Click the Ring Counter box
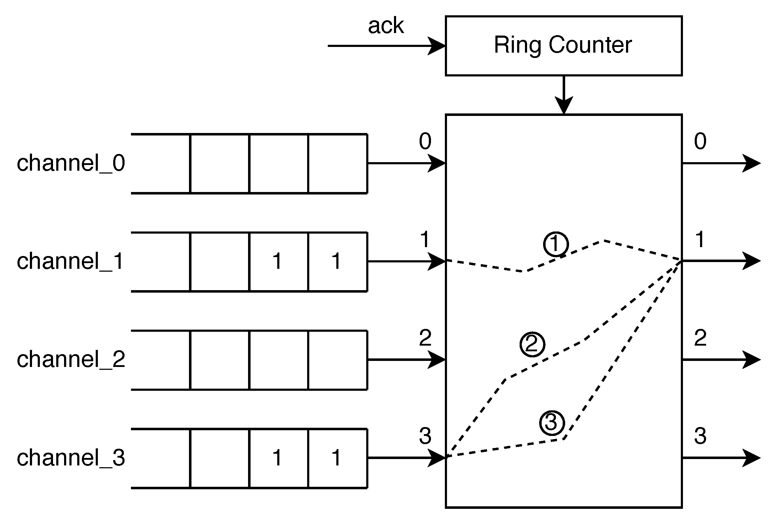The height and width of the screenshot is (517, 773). coord(563,46)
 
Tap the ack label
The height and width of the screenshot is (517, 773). coord(386,26)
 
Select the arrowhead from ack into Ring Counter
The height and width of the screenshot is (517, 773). coord(437,46)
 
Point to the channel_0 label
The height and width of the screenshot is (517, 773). coord(71,164)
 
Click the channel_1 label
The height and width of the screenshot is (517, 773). coord(70,261)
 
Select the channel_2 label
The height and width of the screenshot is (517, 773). coord(71,359)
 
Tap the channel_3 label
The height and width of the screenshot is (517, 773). coord(71,458)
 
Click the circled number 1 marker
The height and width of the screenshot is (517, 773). coord(556,244)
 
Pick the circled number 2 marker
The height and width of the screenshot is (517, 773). coord(532,345)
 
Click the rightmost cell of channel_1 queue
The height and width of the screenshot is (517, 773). coord(337,262)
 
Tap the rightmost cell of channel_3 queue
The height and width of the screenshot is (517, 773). coord(337,458)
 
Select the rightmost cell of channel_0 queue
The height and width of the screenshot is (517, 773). coord(337,164)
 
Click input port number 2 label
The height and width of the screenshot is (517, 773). coord(425,338)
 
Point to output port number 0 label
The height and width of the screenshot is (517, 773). coord(700,141)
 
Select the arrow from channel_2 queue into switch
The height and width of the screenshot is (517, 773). coord(406,360)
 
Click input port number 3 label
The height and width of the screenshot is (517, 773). coord(425,436)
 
